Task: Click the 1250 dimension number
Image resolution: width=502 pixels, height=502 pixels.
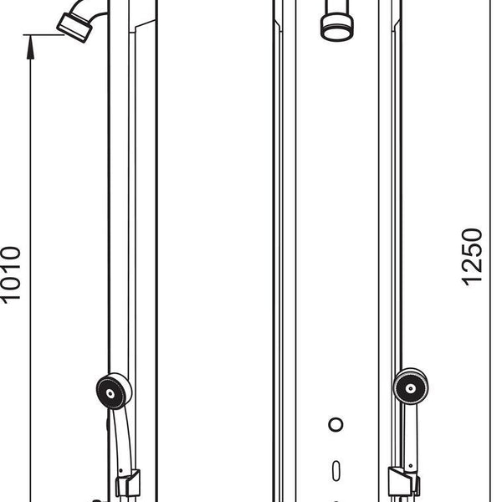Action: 472,257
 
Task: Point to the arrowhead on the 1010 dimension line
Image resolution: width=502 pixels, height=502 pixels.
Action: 30,47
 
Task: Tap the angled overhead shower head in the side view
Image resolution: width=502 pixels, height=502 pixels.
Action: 74,28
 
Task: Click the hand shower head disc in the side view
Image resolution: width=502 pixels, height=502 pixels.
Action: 114,392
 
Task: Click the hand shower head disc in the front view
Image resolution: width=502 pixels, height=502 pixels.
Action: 411,387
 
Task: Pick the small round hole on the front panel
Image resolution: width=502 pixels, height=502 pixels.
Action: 336,424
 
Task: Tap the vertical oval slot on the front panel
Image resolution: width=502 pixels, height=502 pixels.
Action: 336,470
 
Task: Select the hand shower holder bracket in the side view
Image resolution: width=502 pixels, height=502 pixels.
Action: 127,484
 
